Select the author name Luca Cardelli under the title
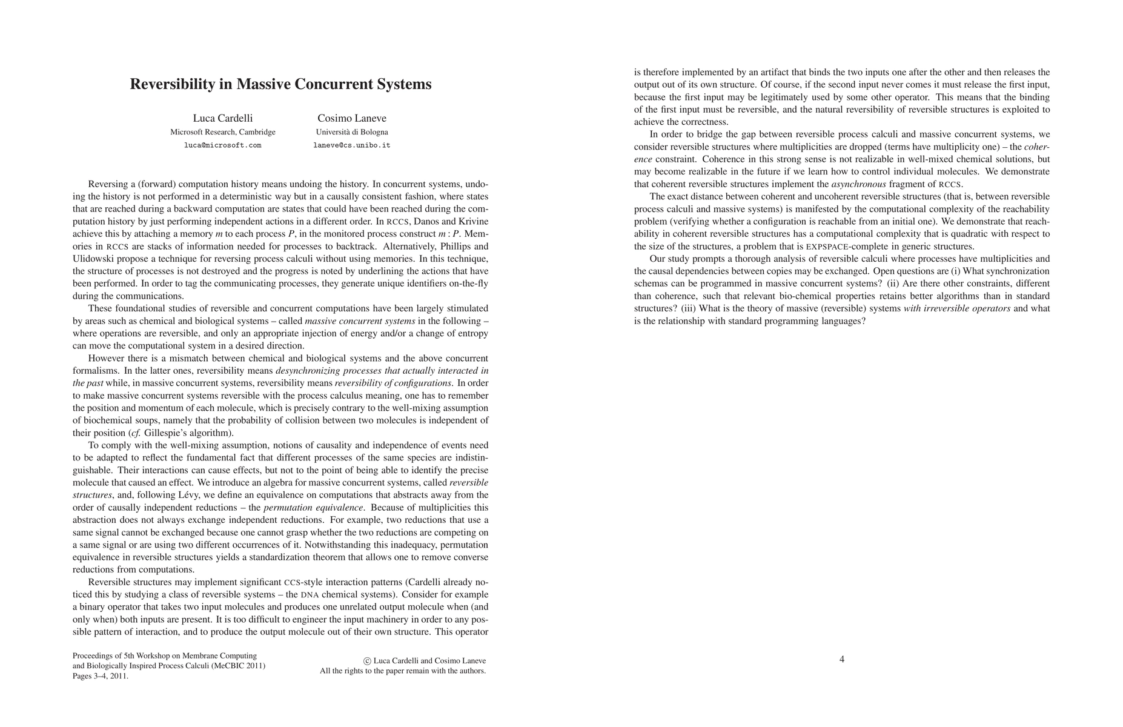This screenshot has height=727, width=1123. (223, 118)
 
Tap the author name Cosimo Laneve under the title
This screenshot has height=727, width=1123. (352, 118)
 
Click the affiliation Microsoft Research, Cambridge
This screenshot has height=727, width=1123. (223, 132)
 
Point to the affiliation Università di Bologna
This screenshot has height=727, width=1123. (352, 132)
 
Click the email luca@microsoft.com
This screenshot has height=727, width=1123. (223, 145)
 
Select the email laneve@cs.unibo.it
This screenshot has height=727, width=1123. (352, 145)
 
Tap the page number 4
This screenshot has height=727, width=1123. (842, 659)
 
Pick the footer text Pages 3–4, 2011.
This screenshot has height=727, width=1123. (101, 676)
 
